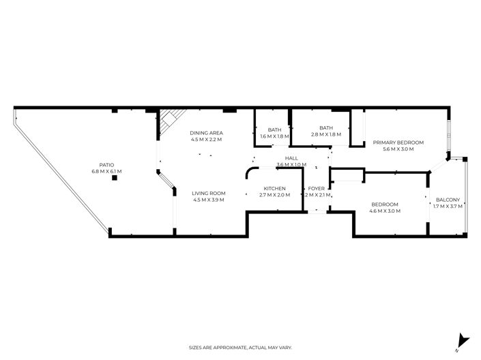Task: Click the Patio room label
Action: (106, 164)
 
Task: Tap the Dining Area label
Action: (207, 132)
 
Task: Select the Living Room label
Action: (209, 193)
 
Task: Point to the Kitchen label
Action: (274, 188)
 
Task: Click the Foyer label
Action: (316, 188)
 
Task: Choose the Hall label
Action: (291, 158)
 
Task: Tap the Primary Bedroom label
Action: (398, 142)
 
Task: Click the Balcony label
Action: (448, 200)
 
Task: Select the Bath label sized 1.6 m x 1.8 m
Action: (274, 130)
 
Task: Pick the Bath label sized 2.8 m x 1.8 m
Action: (325, 127)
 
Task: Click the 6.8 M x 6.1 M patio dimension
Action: (106, 171)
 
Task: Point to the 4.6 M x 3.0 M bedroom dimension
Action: (385, 211)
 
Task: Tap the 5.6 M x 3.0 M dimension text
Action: (398, 149)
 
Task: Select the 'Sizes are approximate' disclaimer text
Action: (240, 348)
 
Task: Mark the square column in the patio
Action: (115, 178)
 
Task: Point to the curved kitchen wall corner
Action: (250, 172)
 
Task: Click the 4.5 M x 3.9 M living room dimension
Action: (209, 200)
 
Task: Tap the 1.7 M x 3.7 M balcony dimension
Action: (448, 206)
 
